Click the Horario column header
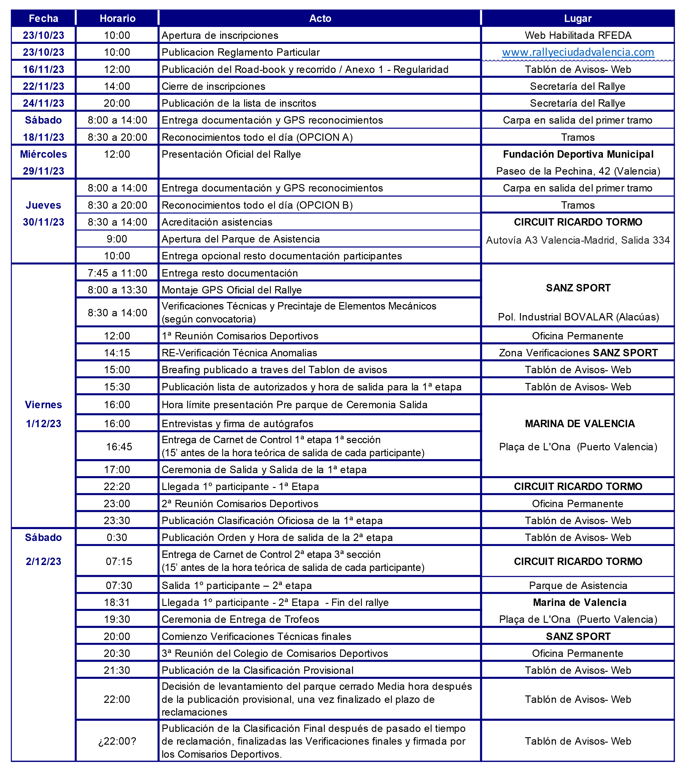click(117, 18)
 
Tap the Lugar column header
click(578, 18)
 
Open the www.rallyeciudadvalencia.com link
click(578, 52)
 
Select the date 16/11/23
click(44, 69)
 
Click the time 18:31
click(117, 602)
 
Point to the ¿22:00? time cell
click(117, 741)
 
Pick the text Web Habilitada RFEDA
click(578, 35)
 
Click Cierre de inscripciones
click(213, 86)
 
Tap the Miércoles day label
click(44, 154)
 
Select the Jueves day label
click(44, 205)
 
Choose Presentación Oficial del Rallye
click(231, 154)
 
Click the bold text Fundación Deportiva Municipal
click(578, 154)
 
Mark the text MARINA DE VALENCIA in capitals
click(580, 423)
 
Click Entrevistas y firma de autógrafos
click(238, 423)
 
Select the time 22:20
click(117, 486)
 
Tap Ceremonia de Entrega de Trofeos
click(240, 619)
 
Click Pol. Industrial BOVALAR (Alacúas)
click(578, 317)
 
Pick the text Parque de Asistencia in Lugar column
click(578, 585)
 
